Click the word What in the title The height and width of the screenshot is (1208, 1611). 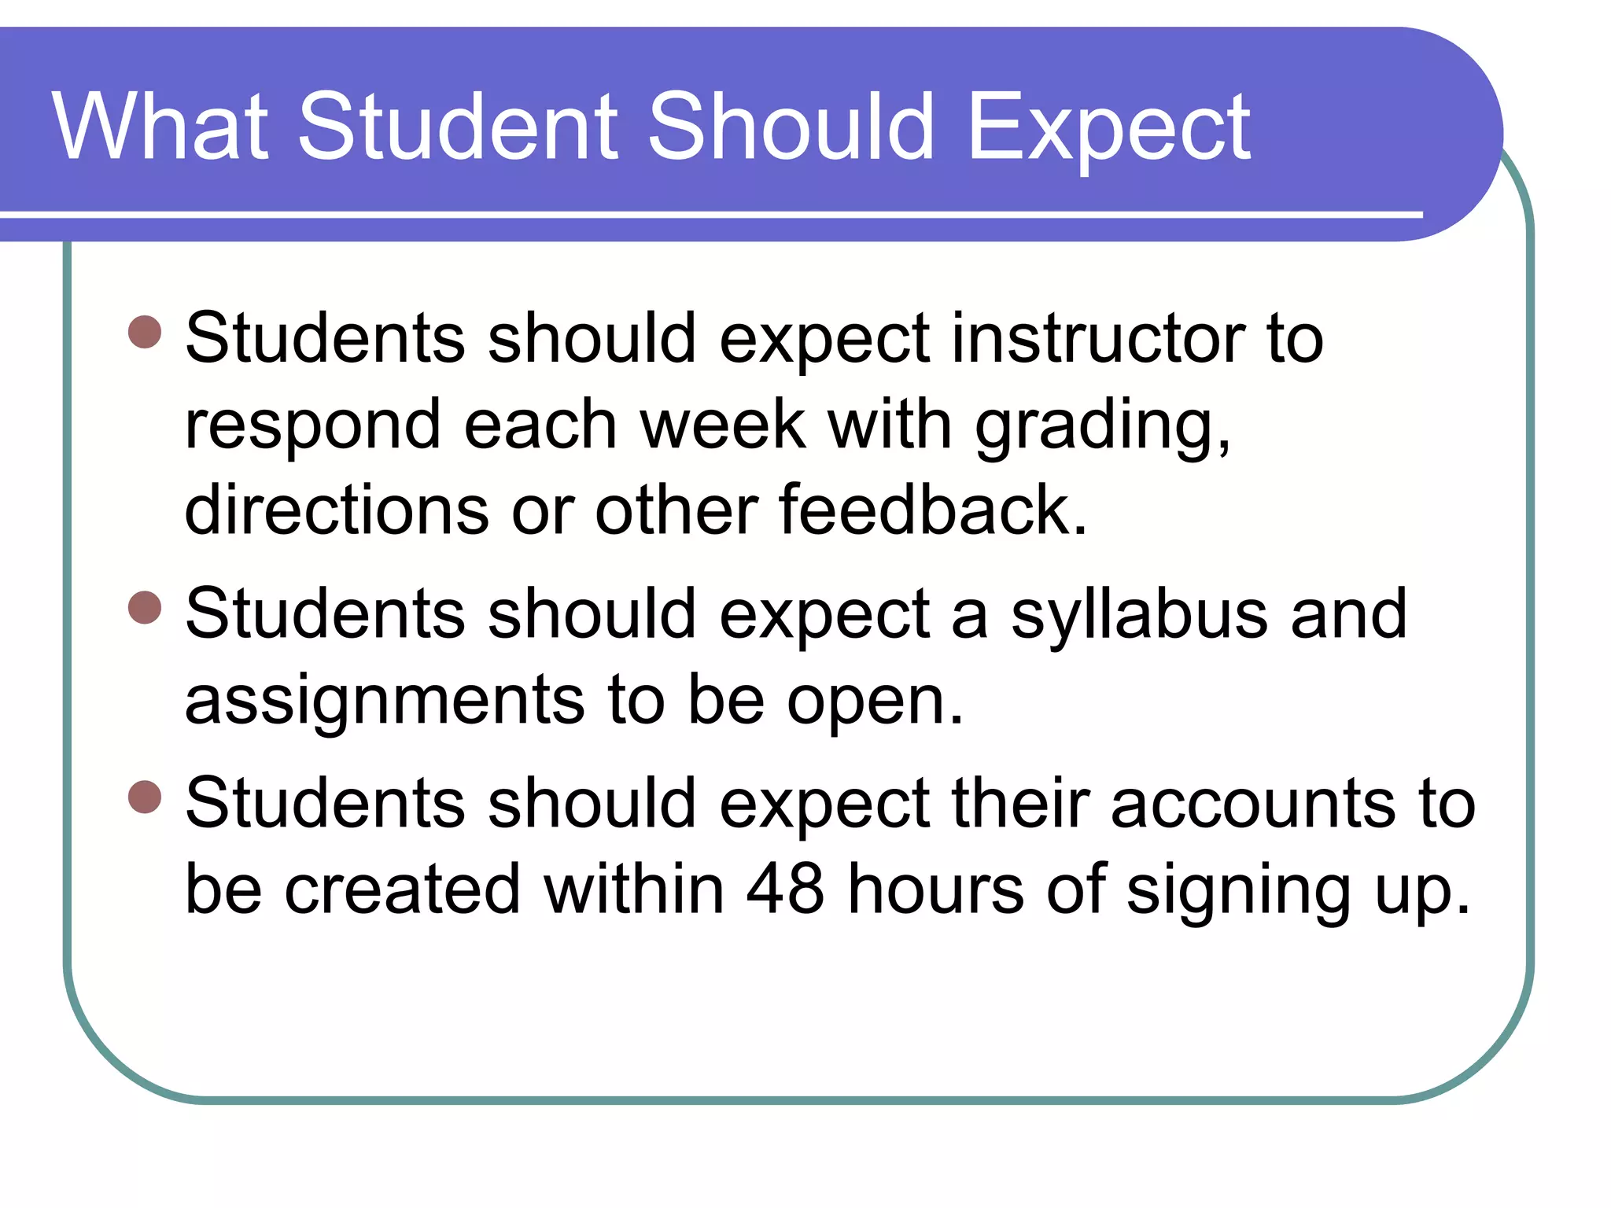pyautogui.click(x=160, y=126)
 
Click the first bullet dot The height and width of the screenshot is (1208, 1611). pyautogui.click(x=145, y=332)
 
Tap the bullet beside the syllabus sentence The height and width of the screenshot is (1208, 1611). pyautogui.click(x=145, y=607)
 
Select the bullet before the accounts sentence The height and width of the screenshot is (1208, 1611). pyautogui.click(x=145, y=797)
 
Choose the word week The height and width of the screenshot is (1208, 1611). pyautogui.click(x=724, y=425)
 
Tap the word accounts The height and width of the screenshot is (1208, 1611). pyautogui.click(x=1252, y=805)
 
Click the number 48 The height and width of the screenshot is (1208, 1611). pyautogui.click(x=785, y=889)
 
